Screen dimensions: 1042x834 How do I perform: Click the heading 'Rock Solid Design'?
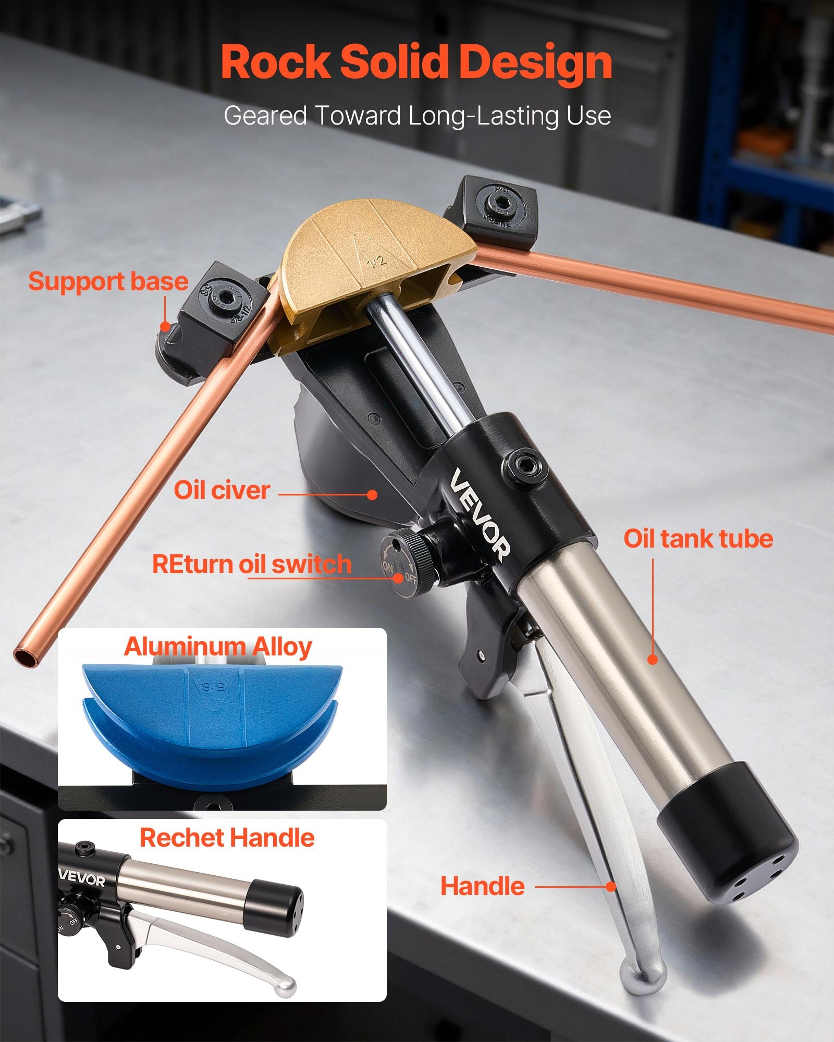[416, 63]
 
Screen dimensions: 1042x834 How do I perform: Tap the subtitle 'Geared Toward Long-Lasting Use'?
[417, 116]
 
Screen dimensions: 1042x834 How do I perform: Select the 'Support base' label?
[108, 281]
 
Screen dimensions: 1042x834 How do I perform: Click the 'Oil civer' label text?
[222, 490]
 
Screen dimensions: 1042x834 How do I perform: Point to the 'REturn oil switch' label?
[252, 564]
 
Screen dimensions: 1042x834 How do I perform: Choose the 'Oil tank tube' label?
[698, 539]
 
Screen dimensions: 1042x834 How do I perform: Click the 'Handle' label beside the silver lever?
[482, 886]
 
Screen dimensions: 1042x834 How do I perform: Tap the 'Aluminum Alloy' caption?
[217, 647]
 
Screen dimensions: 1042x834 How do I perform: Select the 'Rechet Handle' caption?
[227, 838]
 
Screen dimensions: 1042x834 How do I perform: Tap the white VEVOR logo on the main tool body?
[480, 513]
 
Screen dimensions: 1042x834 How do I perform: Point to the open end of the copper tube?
[27, 655]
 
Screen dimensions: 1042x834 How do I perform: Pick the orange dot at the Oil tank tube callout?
[653, 659]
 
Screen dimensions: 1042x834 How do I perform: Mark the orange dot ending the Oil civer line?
[372, 494]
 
